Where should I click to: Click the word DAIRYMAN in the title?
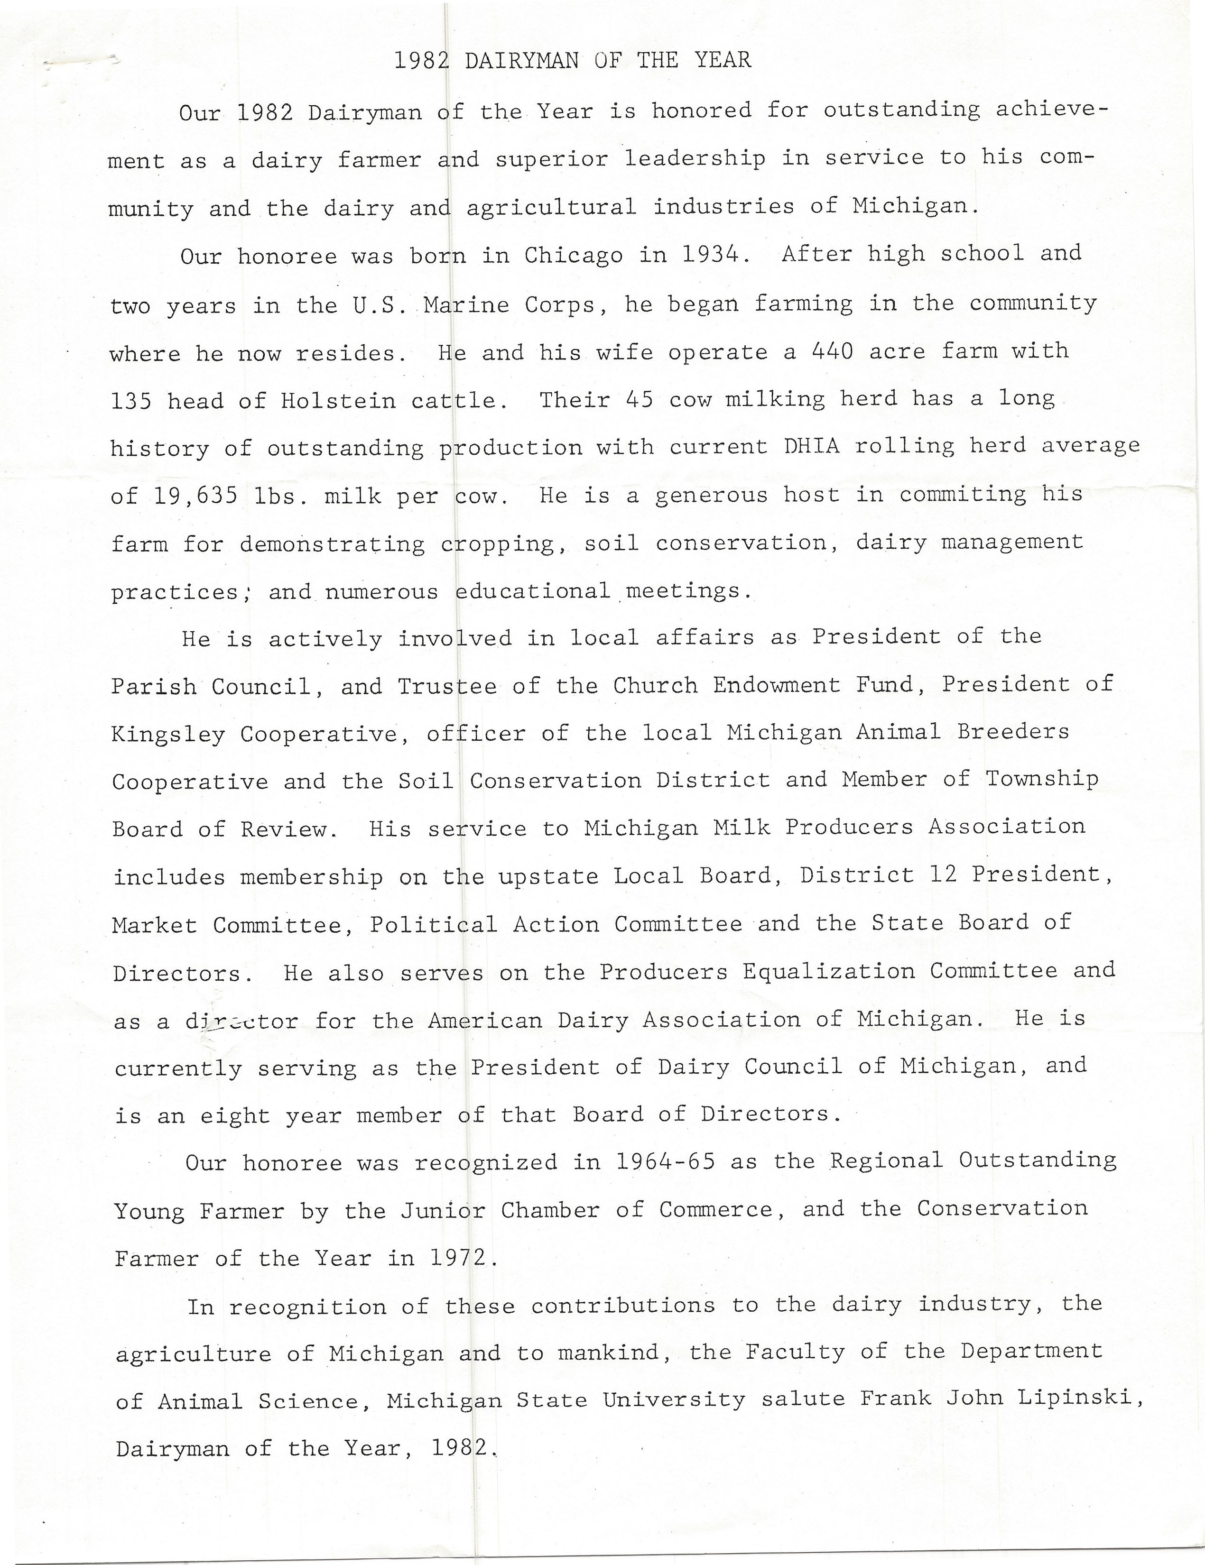click(521, 60)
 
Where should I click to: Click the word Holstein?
click(338, 401)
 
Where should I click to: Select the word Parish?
click(153, 687)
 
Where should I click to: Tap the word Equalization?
click(829, 972)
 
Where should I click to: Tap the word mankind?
click(607, 1353)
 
